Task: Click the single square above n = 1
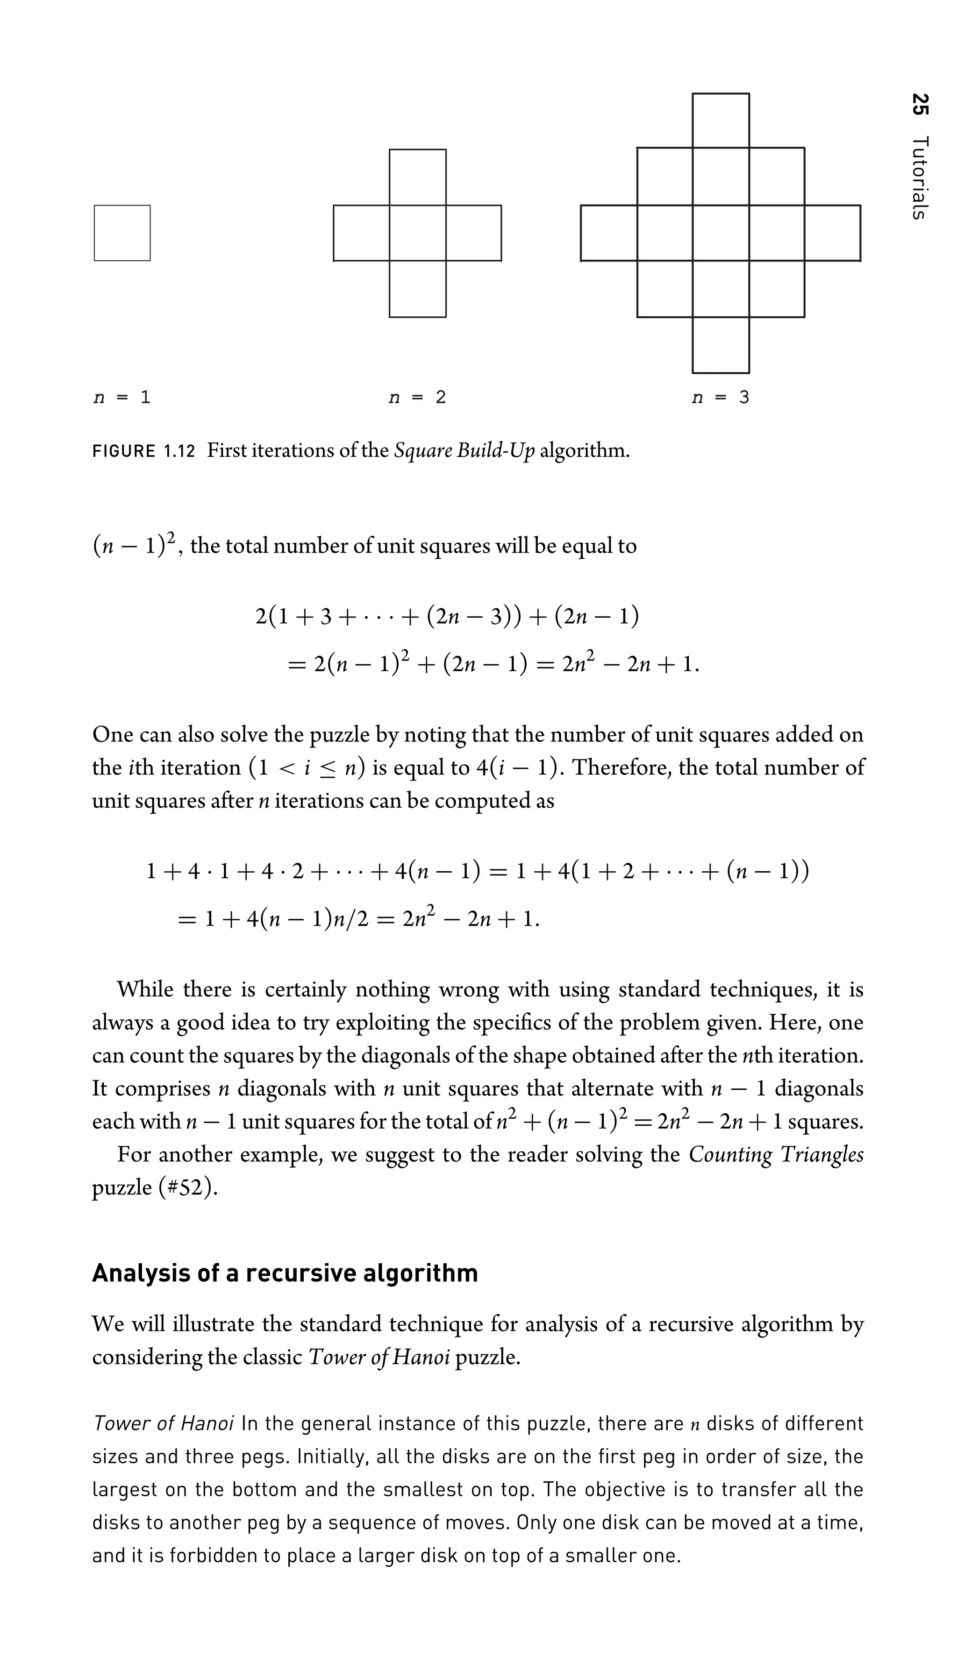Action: (x=122, y=233)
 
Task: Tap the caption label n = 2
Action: (x=417, y=398)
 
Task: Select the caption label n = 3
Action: (x=721, y=398)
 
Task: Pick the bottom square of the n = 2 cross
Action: (x=417, y=289)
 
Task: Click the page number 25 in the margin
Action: (x=920, y=105)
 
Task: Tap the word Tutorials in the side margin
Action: (x=920, y=178)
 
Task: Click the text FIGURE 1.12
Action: (x=144, y=451)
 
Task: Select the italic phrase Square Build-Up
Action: (x=464, y=451)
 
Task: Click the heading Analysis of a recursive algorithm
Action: (x=285, y=1273)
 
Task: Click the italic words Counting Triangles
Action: (x=776, y=1154)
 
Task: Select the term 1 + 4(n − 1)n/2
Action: (x=283, y=918)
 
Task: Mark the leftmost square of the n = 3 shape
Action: (x=609, y=233)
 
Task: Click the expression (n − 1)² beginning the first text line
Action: (x=135, y=545)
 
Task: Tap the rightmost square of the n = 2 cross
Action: (x=473, y=233)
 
